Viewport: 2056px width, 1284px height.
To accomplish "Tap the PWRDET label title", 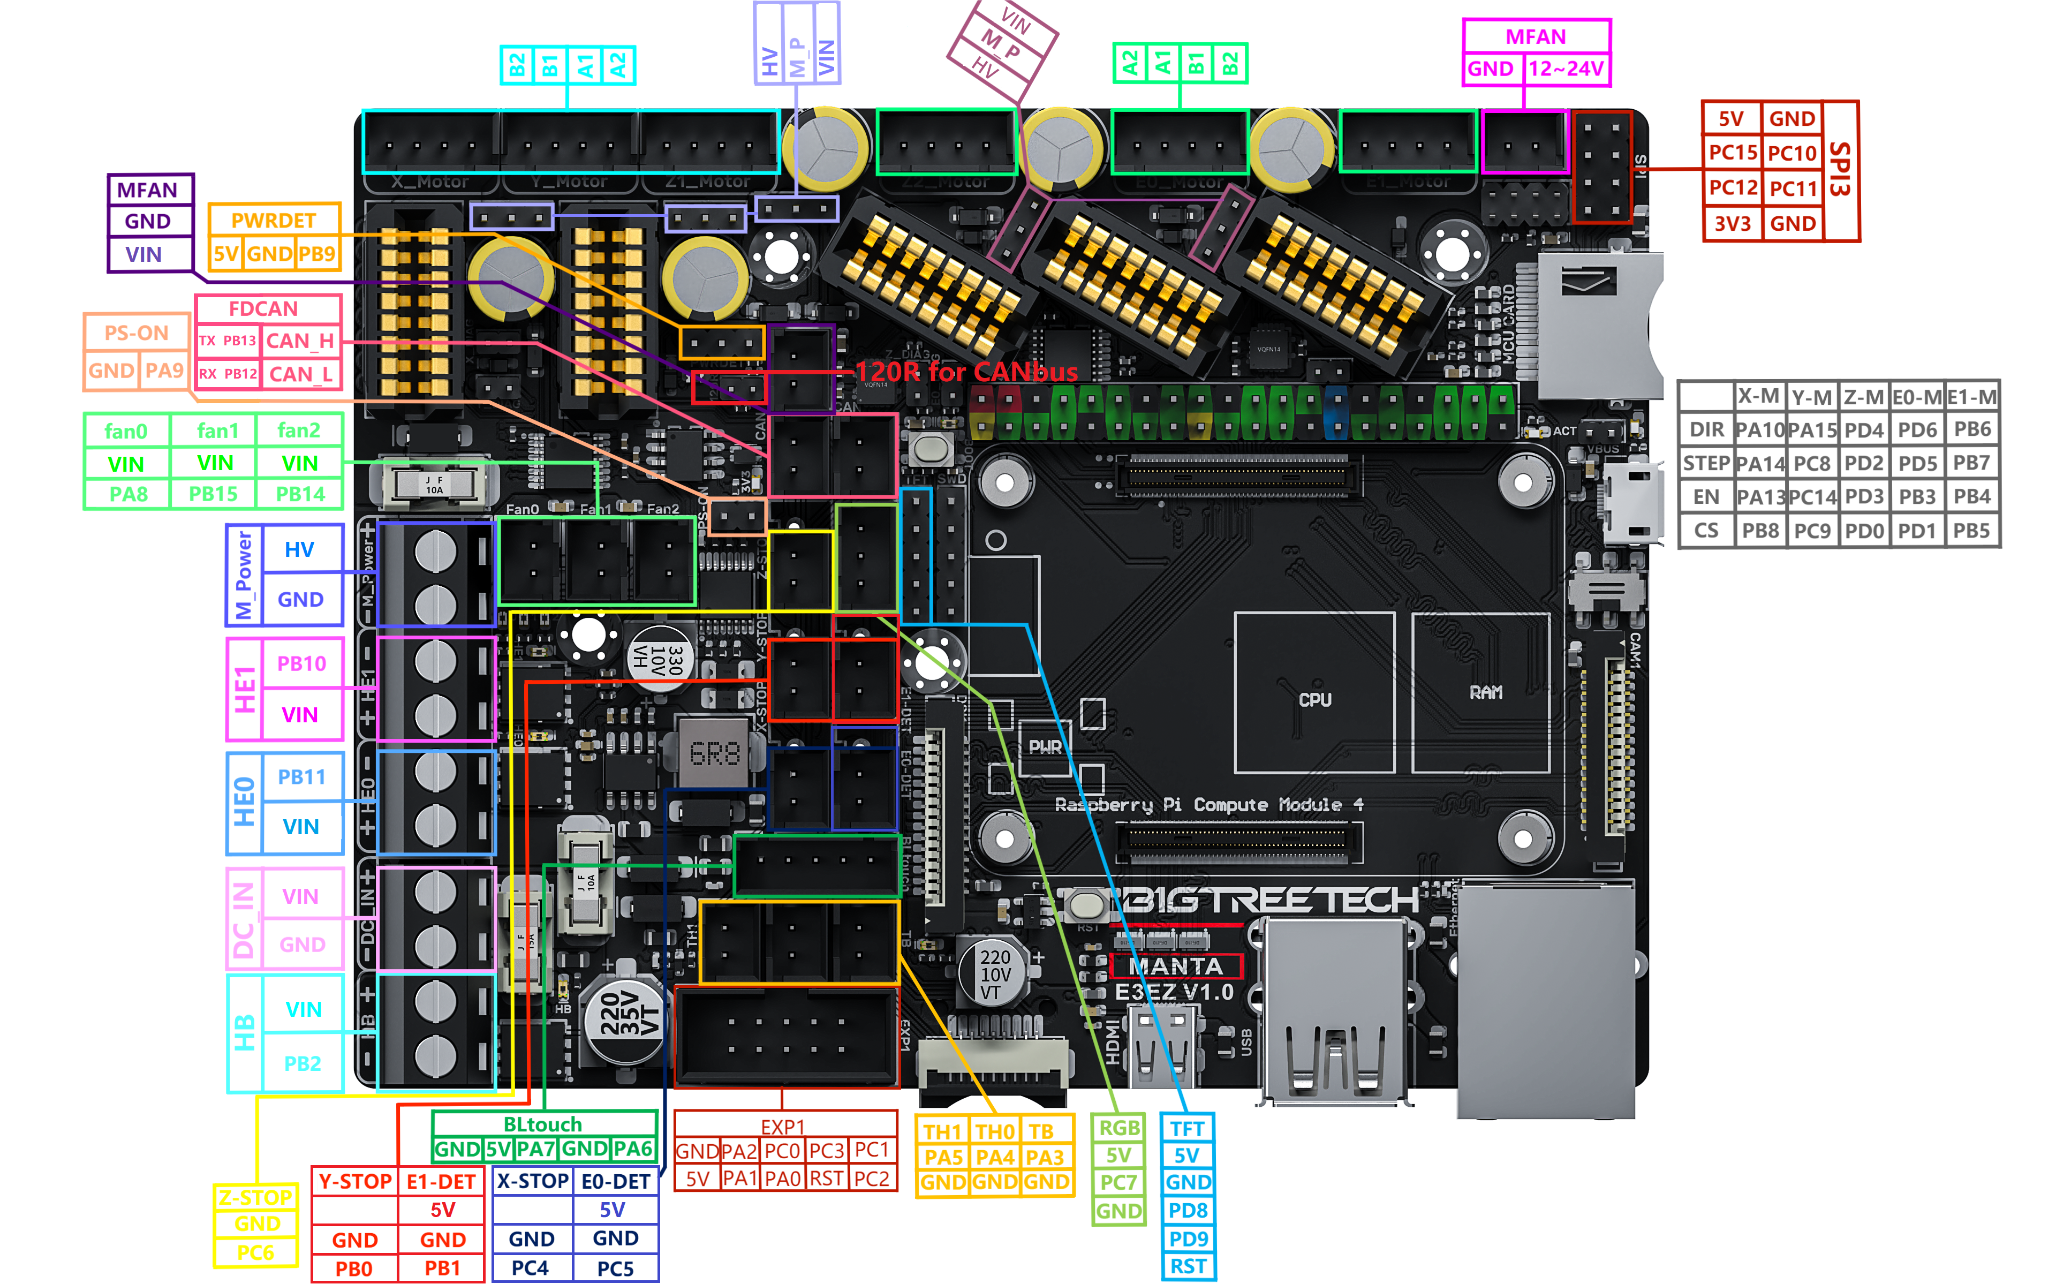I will [x=274, y=221].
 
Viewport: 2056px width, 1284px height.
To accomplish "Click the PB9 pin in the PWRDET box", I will [x=316, y=254].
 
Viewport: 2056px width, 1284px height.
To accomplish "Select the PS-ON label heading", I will [x=136, y=333].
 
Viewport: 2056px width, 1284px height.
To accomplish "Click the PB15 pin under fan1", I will [x=213, y=494].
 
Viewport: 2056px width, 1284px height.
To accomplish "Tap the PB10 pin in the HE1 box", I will [x=301, y=664].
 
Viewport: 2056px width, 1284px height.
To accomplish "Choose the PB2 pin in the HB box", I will [x=302, y=1064].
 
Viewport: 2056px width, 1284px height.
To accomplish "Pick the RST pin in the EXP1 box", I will [x=826, y=1179].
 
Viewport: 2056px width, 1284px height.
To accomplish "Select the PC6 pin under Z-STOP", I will [x=255, y=1252].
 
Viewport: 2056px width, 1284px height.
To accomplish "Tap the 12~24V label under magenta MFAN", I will [x=1566, y=69].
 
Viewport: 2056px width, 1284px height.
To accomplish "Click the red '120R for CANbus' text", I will [x=966, y=372].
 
